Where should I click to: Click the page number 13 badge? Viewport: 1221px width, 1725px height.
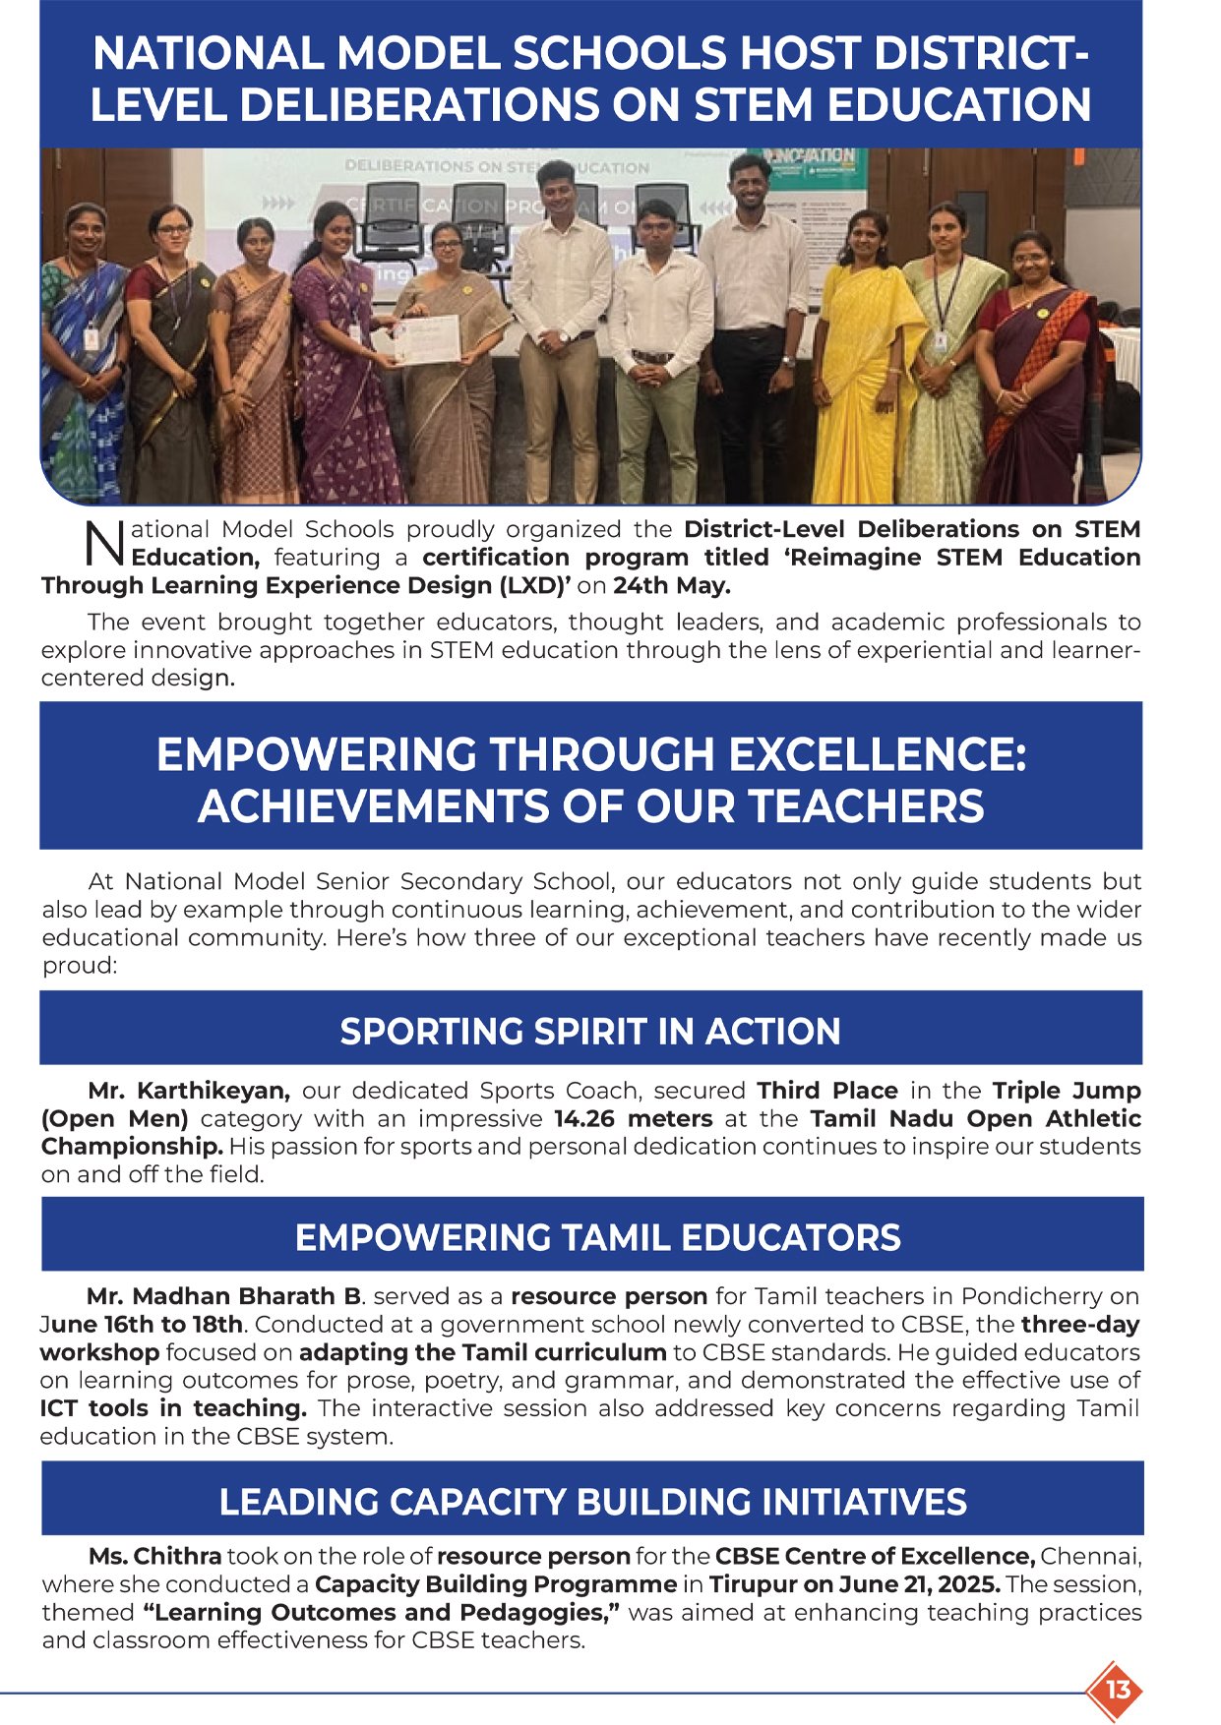(1118, 1691)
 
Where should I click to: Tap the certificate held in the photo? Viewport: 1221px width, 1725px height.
(427, 339)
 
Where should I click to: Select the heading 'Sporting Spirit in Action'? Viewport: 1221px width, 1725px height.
(590, 1031)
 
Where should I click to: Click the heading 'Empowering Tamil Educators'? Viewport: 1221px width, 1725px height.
(597, 1237)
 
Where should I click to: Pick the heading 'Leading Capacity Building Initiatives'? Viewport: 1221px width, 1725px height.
(592, 1502)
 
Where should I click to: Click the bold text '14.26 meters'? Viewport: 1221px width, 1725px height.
(633, 1118)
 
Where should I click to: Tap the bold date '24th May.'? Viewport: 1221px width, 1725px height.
(672, 585)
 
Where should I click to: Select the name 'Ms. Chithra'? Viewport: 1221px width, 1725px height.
(154, 1556)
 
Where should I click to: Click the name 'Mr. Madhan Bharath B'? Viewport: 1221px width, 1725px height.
(223, 1296)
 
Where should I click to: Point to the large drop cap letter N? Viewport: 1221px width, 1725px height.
(104, 544)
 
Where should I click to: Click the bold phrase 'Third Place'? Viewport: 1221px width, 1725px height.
(826, 1091)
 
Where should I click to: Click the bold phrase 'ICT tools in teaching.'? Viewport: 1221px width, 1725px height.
(173, 1407)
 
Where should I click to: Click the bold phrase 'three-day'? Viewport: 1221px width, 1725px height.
(1080, 1324)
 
